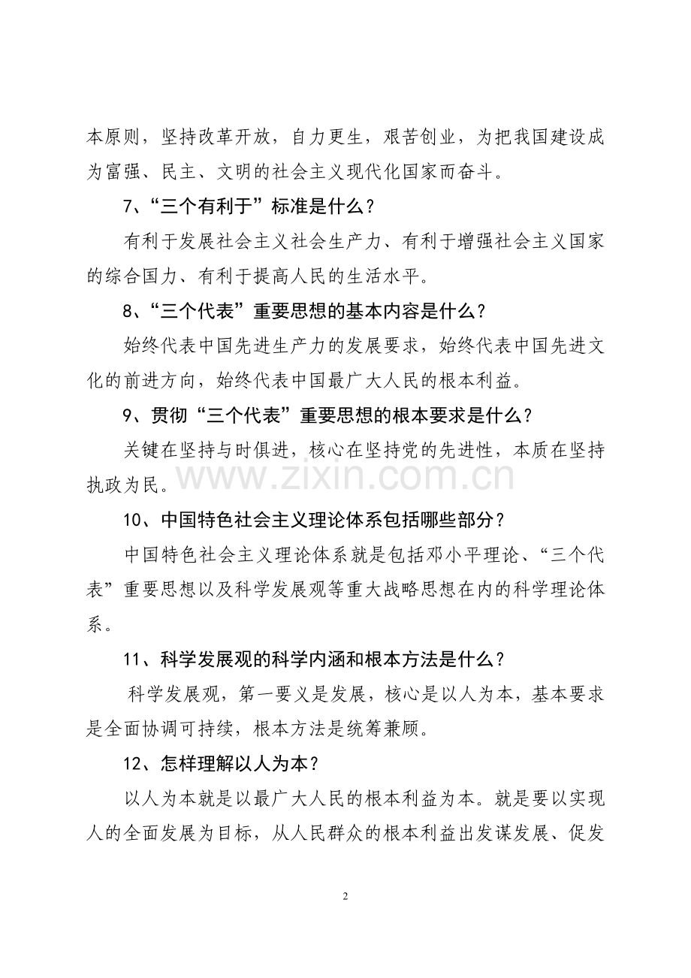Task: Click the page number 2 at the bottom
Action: point(345,896)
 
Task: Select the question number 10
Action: point(132,520)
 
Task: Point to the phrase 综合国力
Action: point(143,276)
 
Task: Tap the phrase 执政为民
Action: point(123,484)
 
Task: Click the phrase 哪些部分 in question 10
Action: point(451,520)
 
